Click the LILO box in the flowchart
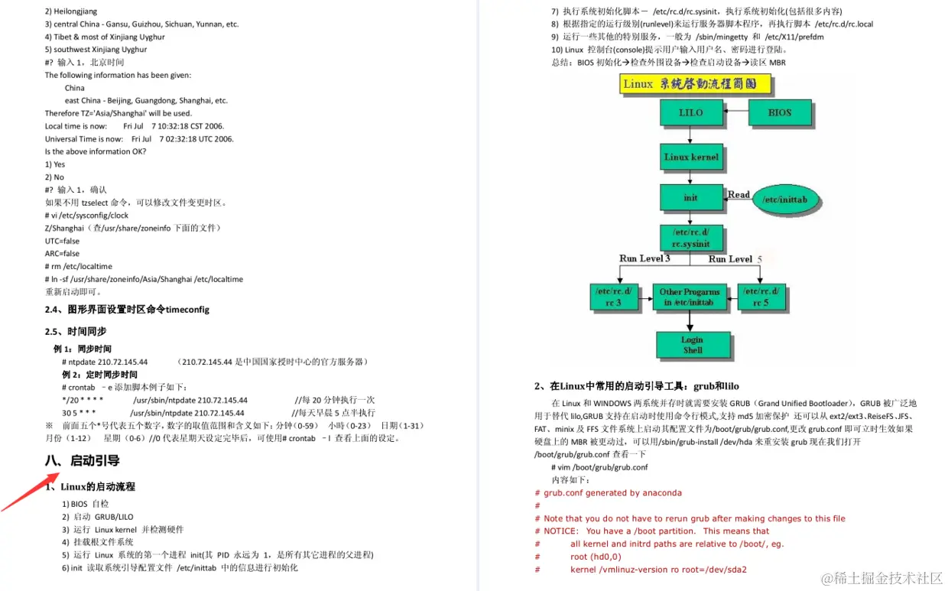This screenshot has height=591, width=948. tap(690, 112)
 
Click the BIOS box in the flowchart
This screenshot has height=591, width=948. tap(780, 112)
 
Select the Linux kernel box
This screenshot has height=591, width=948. tap(690, 157)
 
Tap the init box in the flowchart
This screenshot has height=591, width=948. tap(690, 197)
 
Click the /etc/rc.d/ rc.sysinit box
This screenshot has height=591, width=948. tap(690, 238)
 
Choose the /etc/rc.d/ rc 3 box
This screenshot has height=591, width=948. tap(613, 297)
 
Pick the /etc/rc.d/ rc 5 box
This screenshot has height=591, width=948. tap(761, 297)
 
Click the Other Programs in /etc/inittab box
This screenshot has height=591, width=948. tap(690, 297)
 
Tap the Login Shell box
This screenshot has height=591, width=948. tap(692, 345)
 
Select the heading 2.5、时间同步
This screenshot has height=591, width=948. tap(76, 331)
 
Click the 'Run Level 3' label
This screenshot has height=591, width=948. tap(644, 258)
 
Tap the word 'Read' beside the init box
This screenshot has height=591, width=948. tap(739, 194)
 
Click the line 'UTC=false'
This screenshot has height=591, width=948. tap(62, 241)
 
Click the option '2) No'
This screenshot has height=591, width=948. tap(54, 177)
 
